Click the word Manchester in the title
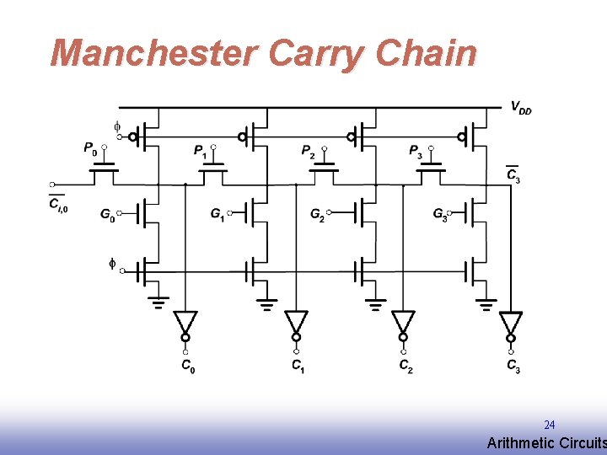[x=153, y=53]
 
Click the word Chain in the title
[x=426, y=53]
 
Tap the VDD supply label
[x=521, y=108]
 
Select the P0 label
[x=89, y=148]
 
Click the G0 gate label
[x=107, y=215]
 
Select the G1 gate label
[x=218, y=215]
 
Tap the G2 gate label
[x=317, y=215]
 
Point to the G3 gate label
[x=440, y=215]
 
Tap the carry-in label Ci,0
[x=57, y=204]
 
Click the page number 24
[x=549, y=425]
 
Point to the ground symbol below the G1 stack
[x=267, y=302]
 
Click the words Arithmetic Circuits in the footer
[x=546, y=443]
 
